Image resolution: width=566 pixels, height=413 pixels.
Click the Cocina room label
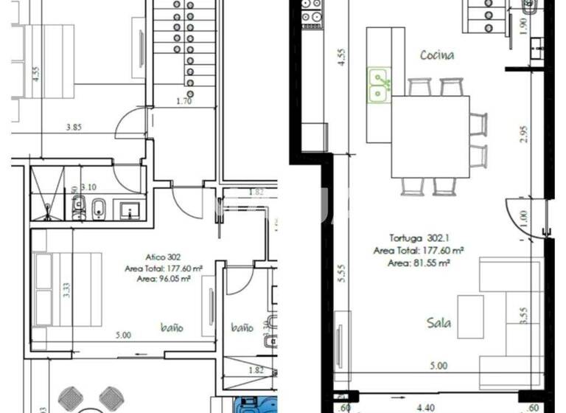coord(437,55)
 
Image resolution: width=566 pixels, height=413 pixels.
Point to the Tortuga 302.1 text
coord(416,238)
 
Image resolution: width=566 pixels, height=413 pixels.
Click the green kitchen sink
coord(380,85)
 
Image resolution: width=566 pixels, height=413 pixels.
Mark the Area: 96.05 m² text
coord(163,280)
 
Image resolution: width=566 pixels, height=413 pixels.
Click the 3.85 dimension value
coord(73,127)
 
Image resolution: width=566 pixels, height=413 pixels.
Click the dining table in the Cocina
coord(430,136)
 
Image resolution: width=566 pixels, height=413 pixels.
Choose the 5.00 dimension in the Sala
coord(439,364)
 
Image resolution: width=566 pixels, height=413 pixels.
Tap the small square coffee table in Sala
coord(470,316)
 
